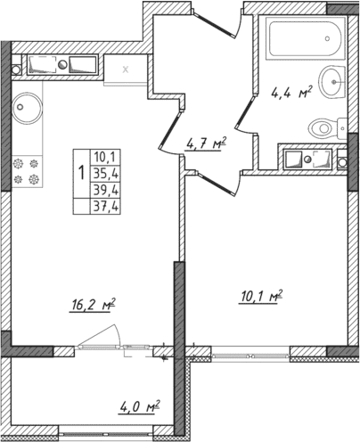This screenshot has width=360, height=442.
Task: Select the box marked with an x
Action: tap(125, 68)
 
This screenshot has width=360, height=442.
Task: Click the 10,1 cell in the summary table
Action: tap(111, 159)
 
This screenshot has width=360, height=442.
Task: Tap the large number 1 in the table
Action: tap(83, 173)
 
